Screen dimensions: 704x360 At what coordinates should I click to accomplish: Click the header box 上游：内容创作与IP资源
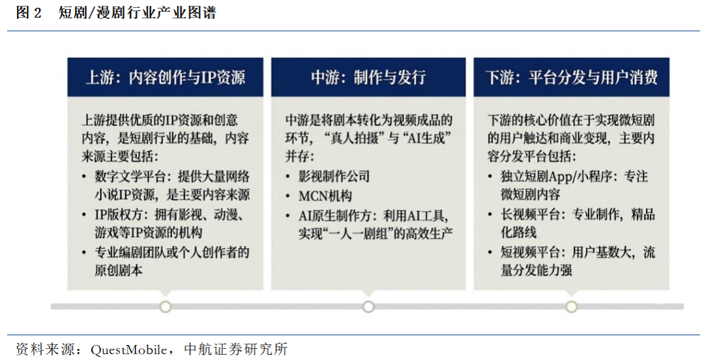165,77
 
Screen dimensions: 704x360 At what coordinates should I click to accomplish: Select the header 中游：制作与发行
368,77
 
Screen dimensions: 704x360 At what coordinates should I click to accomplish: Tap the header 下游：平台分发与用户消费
572,77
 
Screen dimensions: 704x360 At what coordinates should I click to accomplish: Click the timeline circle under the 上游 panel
166,307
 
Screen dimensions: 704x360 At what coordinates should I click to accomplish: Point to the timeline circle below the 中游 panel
368,307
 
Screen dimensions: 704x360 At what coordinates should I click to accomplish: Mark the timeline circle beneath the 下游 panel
571,307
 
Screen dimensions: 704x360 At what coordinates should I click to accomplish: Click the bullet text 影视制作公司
334,176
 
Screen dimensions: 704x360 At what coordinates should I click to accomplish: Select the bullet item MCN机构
325,196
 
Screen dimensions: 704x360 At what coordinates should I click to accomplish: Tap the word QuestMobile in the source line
128,349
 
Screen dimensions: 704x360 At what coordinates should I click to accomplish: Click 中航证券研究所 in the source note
236,349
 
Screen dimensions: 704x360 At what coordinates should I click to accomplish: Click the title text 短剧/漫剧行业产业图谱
137,12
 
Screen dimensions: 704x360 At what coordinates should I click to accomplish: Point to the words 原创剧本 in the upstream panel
119,271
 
